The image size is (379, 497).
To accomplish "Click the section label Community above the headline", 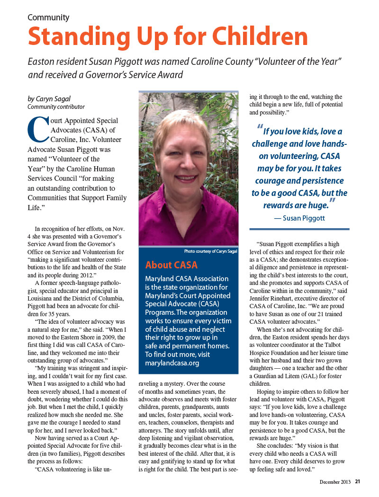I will click(x=48, y=18).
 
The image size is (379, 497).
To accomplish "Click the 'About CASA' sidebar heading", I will click(x=171, y=265).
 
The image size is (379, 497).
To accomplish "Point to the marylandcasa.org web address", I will click(x=173, y=363).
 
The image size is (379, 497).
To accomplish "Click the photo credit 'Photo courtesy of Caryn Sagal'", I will click(x=210, y=251).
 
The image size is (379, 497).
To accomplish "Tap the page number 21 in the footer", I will click(x=358, y=482).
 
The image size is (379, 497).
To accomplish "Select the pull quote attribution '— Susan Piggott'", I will click(x=299, y=218).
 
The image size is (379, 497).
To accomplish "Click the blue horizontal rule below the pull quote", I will click(x=299, y=230).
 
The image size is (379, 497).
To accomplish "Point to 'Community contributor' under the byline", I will click(x=56, y=107).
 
